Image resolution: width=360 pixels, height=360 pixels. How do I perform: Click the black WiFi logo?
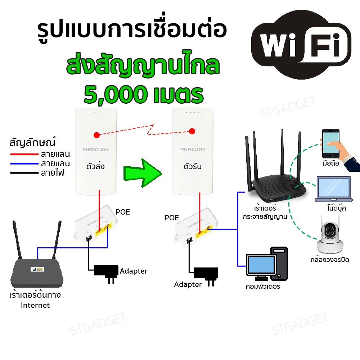tap(301, 45)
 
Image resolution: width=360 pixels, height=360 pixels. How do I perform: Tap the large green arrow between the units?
tap(143, 173)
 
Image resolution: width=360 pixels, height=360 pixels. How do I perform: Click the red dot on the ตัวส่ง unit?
tap(96, 135)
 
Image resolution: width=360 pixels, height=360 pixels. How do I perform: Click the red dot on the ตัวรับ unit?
tap(192, 131)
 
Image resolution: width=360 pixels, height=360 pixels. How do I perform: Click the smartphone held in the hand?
tap(330, 144)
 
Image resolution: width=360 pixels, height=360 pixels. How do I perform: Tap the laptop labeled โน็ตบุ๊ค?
tap(334, 189)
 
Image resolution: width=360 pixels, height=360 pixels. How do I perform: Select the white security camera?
tap(330, 235)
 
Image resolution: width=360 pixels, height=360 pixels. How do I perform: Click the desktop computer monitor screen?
tap(261, 265)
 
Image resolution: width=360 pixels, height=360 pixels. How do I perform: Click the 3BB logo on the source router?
tap(37, 269)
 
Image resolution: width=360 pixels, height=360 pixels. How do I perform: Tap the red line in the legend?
tap(24, 154)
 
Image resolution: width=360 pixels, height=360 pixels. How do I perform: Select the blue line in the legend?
tap(24, 164)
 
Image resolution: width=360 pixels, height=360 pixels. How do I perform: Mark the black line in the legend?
tap(24, 173)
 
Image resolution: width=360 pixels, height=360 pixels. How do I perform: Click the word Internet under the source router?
tap(35, 305)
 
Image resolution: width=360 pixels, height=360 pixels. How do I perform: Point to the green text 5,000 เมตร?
tap(144, 95)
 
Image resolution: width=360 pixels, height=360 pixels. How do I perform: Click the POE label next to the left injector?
tap(123, 212)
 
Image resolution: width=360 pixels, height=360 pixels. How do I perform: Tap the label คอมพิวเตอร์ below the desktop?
tap(263, 286)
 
